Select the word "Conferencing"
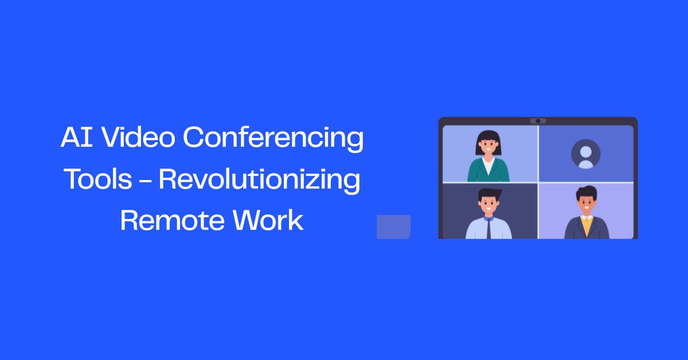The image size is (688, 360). pos(273,139)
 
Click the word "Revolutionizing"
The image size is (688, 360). pos(259,180)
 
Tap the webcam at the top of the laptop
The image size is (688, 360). pos(538,121)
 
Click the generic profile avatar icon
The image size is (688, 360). pos(585,154)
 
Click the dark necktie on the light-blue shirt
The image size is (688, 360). pos(488,228)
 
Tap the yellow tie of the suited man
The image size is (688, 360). pos(586,226)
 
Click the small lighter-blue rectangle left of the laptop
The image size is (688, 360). pos(393,226)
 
